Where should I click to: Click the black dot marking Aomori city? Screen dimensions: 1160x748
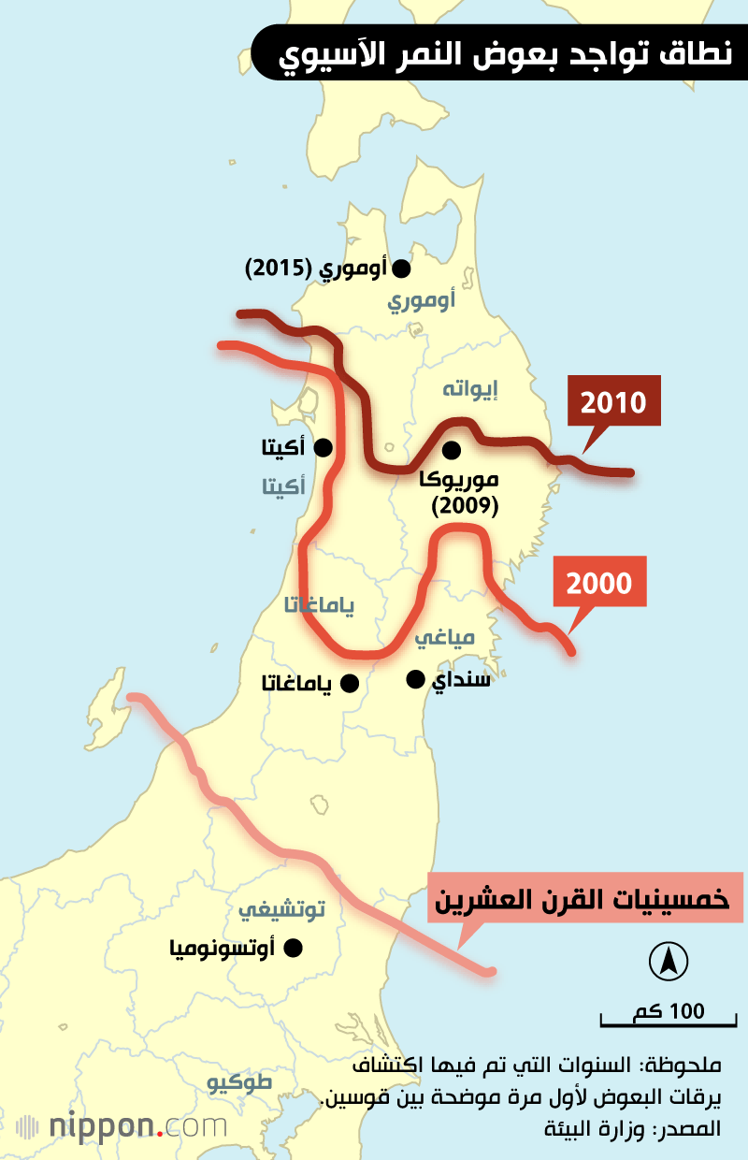point(402,268)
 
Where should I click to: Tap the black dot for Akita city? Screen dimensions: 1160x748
point(324,447)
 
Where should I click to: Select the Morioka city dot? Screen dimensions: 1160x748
point(452,450)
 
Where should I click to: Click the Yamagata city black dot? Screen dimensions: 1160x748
point(350,684)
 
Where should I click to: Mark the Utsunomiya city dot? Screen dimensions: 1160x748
point(294,948)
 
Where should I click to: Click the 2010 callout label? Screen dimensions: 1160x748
point(613,404)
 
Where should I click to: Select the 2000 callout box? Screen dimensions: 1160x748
point(599,585)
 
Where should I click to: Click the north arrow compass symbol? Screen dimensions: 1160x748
point(669,961)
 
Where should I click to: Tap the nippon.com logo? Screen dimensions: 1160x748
point(122,1125)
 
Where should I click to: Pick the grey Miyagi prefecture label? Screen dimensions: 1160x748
point(445,637)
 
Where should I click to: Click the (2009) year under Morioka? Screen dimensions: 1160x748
point(465,506)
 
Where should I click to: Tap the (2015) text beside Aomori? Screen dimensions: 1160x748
point(278,269)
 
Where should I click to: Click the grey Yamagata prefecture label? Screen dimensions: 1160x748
point(320,605)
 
